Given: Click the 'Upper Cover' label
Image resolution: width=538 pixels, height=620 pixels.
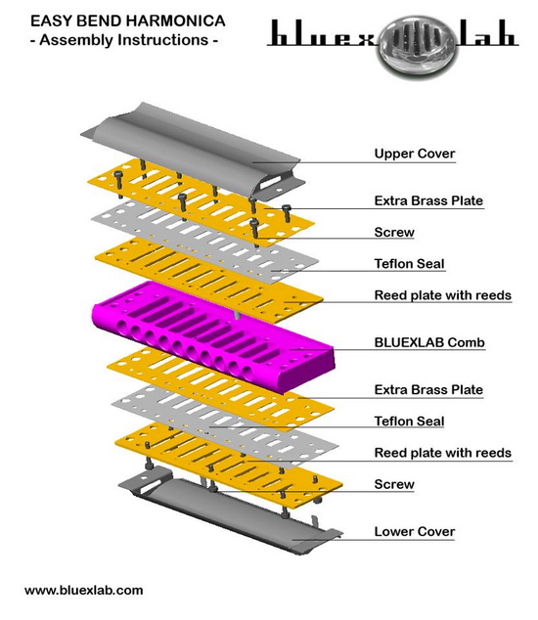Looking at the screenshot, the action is [x=415, y=154].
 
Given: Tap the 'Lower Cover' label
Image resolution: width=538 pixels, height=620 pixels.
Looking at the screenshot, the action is [x=415, y=531].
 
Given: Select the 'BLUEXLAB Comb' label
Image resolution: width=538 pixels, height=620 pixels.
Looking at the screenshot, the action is [x=429, y=342].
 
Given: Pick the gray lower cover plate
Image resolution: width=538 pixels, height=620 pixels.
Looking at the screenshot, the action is [x=230, y=510].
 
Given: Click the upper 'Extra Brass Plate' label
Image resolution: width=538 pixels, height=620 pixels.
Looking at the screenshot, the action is [x=428, y=200].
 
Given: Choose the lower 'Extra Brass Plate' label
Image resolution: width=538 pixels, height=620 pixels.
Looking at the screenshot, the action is [x=428, y=389].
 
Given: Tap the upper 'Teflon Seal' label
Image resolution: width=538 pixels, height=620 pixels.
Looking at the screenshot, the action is [x=410, y=264].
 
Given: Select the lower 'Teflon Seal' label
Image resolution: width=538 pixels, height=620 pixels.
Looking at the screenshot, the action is [x=410, y=421].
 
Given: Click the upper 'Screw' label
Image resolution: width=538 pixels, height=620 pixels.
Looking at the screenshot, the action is [x=394, y=232].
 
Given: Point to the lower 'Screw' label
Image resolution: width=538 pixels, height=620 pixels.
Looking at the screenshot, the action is [x=394, y=484].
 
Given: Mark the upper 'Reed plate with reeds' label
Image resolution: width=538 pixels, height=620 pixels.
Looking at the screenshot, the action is [x=443, y=295].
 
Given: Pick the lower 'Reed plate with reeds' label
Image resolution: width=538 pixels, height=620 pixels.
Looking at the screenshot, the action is [x=443, y=453].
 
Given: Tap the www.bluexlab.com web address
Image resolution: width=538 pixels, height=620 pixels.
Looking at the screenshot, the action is [x=83, y=591].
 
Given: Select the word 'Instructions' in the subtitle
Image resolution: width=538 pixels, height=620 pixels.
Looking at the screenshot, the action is [x=163, y=40].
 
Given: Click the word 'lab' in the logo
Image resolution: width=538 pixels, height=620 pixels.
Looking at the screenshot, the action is [x=487, y=33].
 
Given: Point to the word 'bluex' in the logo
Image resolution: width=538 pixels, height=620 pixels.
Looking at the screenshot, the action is [x=323, y=33].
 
